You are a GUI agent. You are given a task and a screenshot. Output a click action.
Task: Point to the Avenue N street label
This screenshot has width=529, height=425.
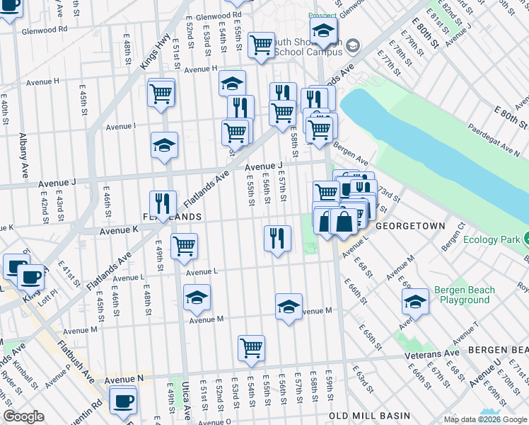coord(125,380)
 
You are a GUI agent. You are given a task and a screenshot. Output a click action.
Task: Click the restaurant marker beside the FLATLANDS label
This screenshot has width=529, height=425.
coord(163,204)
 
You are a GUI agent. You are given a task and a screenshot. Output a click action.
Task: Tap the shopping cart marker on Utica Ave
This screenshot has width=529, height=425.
coord(184,246)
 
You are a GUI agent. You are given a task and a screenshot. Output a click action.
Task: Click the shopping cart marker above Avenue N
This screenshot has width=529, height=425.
coord(251,348)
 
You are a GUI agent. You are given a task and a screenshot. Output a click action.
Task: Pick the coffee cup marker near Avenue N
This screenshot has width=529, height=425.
coord(124,400)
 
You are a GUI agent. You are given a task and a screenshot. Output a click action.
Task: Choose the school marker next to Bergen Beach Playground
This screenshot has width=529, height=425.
coord(415,302)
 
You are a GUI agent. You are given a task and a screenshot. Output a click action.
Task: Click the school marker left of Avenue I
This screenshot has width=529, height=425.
coord(164,145)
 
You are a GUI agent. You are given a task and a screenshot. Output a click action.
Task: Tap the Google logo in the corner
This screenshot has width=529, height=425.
coord(23,416)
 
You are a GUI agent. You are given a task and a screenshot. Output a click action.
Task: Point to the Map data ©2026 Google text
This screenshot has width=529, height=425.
coord(484,419)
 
